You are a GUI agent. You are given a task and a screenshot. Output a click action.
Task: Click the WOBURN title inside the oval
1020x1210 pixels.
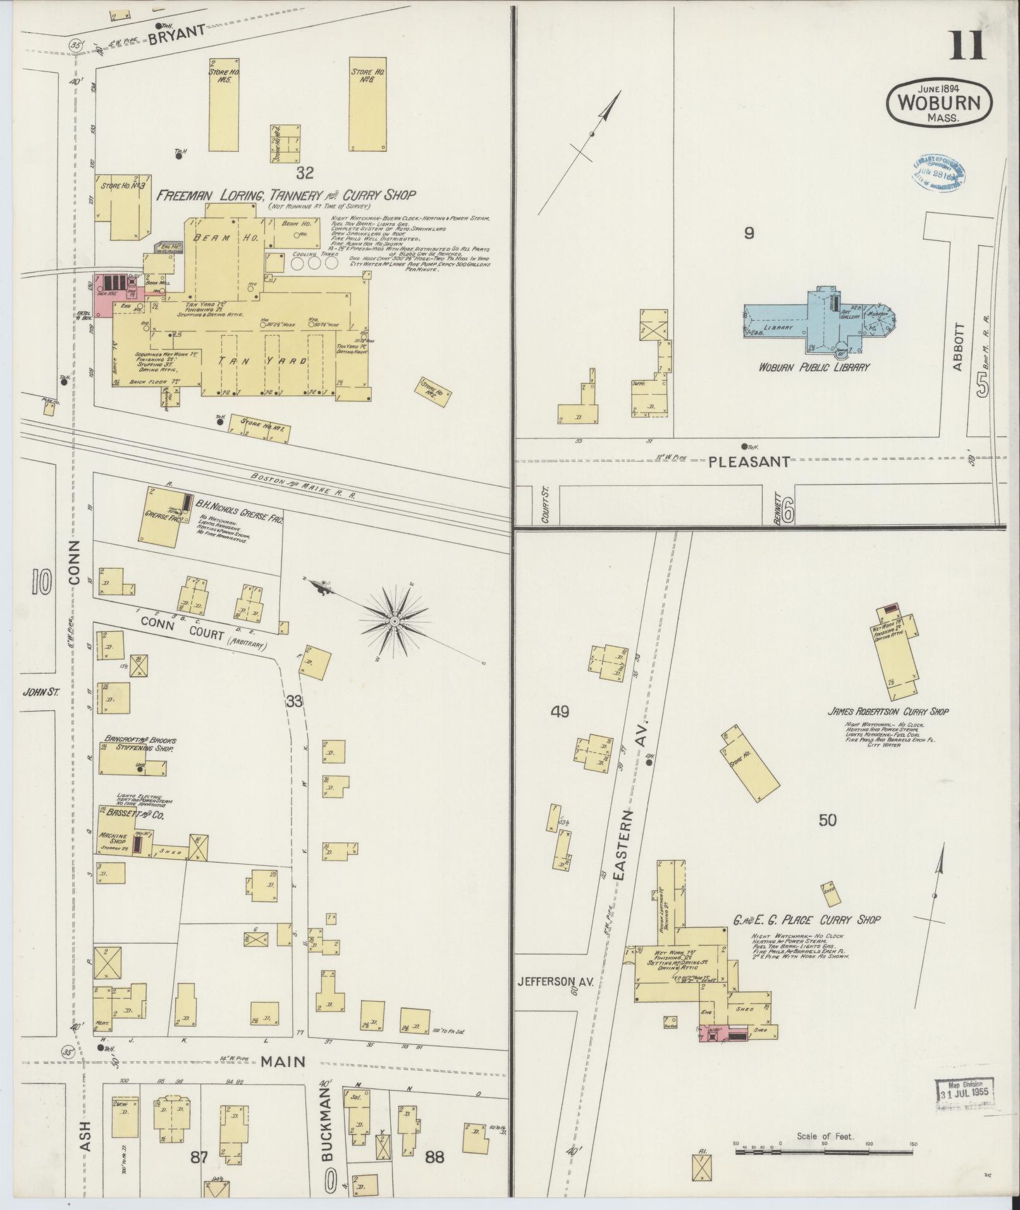click(939, 103)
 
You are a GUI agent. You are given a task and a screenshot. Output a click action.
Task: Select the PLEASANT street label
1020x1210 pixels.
click(749, 462)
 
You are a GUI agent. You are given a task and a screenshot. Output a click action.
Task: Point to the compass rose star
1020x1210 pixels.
click(394, 622)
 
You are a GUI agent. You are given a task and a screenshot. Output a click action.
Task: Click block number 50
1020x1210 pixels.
click(827, 820)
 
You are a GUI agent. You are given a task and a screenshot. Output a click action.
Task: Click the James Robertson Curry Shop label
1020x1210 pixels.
click(888, 712)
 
